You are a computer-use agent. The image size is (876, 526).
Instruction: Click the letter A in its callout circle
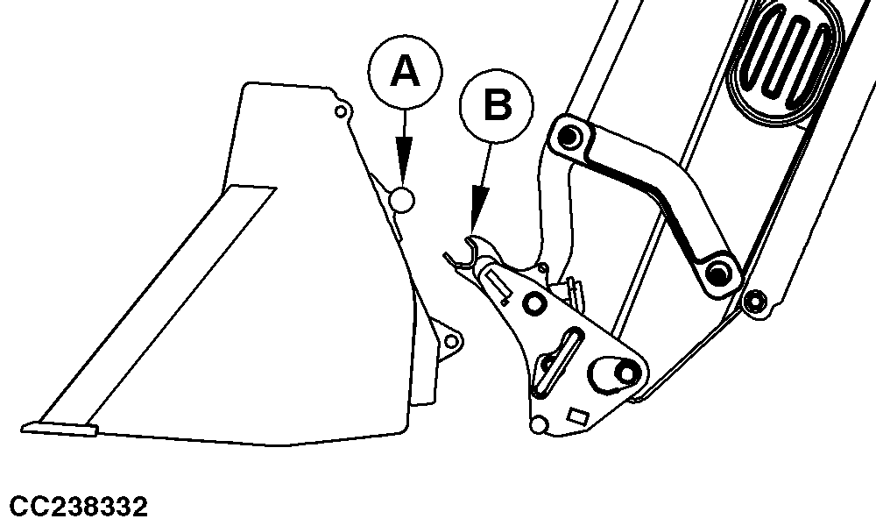coord(405,72)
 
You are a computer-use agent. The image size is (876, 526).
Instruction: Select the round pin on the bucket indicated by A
coord(402,200)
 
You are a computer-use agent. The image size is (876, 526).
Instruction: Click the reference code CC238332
coord(79,507)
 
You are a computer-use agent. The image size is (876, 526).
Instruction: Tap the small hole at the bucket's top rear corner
coord(340,112)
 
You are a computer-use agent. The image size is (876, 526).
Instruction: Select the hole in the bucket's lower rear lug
coord(451,340)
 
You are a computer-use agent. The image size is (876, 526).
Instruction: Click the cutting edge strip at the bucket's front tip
coord(60,429)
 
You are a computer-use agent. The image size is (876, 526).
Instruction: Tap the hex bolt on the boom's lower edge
coord(755,302)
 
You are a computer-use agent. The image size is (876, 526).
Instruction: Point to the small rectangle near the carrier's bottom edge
coord(577,416)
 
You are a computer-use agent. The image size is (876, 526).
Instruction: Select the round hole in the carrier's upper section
coord(534,304)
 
